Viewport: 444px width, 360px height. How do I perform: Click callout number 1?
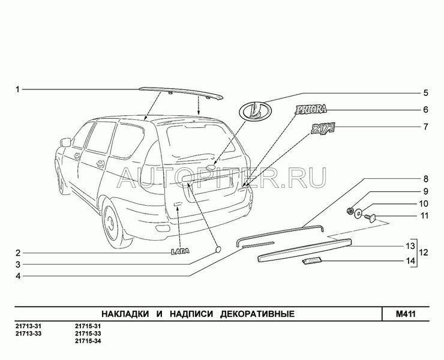tap(18, 90)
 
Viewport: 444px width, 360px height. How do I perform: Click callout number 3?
tap(18, 265)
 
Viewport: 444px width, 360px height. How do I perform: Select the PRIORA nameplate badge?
tap(311, 109)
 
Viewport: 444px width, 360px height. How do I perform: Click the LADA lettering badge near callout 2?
tap(178, 253)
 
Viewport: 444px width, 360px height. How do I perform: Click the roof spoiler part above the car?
tap(180, 91)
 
